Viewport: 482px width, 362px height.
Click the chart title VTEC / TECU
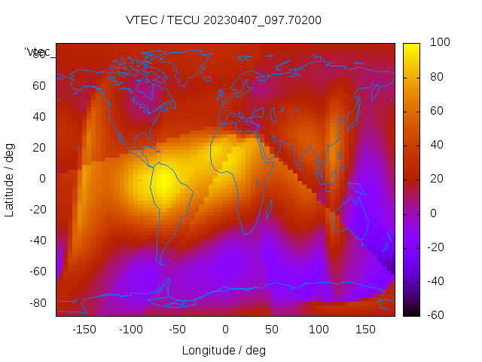224,20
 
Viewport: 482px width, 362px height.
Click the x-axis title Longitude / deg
224,350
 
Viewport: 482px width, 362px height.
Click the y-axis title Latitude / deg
10,179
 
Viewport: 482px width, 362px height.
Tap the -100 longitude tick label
130,330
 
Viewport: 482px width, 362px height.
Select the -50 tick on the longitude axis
177,330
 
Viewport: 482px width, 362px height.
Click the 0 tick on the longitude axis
224,330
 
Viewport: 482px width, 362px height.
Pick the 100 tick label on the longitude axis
319,330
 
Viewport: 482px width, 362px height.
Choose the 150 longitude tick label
365,330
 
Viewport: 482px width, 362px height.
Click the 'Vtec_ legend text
37,52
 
